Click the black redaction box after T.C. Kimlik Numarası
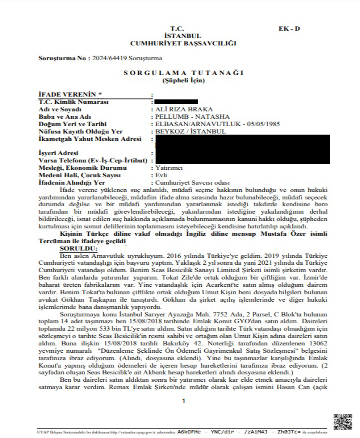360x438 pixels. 176,101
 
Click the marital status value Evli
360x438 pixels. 161,176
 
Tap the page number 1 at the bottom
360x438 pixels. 183,401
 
